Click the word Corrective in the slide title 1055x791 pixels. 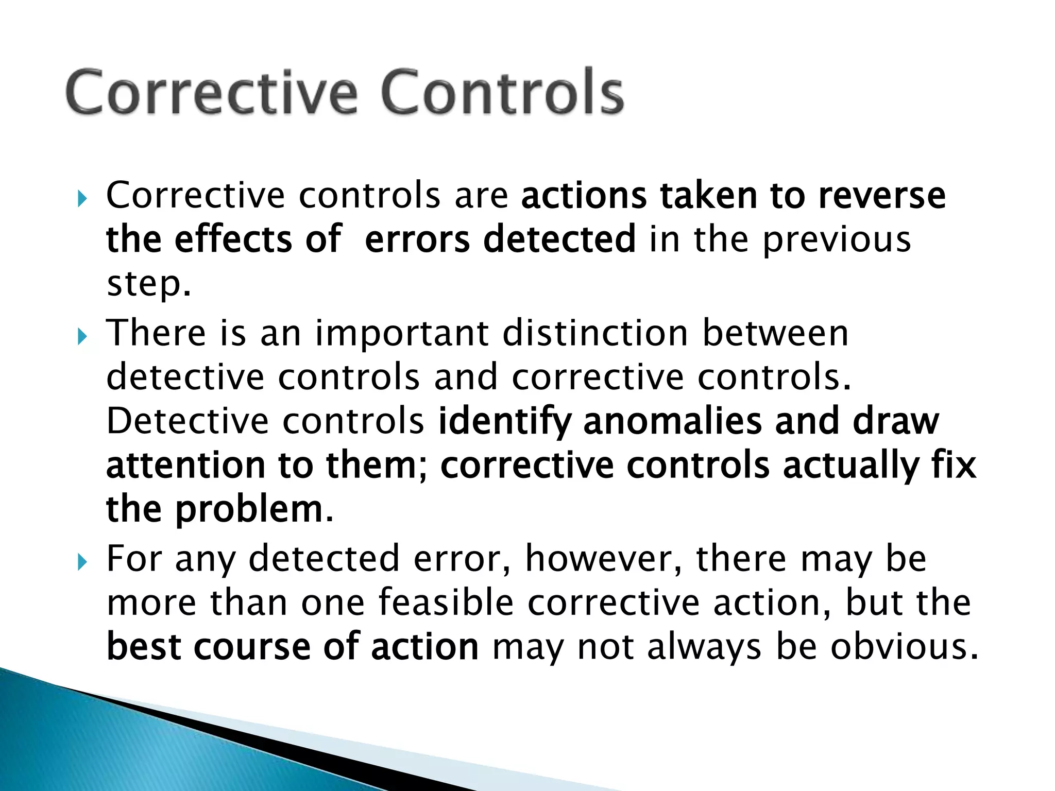[x=211, y=93]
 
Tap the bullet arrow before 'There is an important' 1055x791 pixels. [x=82, y=337]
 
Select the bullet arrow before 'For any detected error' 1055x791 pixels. [x=82, y=562]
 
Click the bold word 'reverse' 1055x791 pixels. [x=882, y=197]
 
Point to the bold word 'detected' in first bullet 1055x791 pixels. [x=559, y=239]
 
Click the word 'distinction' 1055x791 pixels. [x=595, y=333]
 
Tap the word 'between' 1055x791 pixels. [x=775, y=333]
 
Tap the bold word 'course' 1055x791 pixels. [x=252, y=647]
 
